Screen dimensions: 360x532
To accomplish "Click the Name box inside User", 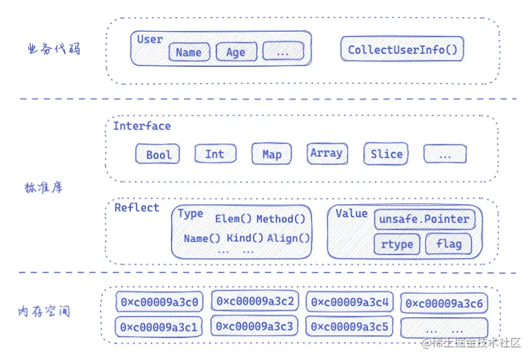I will coord(188,52).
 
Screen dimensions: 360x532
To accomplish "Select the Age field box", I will coord(236,52).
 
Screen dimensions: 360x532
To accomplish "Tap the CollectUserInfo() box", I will coord(403,50).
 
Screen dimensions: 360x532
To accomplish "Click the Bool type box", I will coord(158,154).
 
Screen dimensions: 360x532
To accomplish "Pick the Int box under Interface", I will coord(215,154).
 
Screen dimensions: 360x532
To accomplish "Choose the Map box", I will coord(272,154).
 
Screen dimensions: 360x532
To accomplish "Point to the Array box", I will coord(327,153).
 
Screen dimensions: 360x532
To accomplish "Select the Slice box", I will coord(386,154).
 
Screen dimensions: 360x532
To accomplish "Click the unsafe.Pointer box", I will coord(424,219).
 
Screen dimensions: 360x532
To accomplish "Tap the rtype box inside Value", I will coord(397,243).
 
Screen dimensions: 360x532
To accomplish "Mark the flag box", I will coord(449,243).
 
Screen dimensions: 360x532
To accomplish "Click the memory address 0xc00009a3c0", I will coord(159,302).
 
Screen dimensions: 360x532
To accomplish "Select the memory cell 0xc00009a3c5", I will coord(351,326).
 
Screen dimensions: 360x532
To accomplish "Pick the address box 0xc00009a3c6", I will coord(444,303).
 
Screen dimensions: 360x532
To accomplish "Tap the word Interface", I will coord(142,126).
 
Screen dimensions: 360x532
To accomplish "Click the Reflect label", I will coord(136,208).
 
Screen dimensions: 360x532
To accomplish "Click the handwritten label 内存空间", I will coord(43,312).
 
